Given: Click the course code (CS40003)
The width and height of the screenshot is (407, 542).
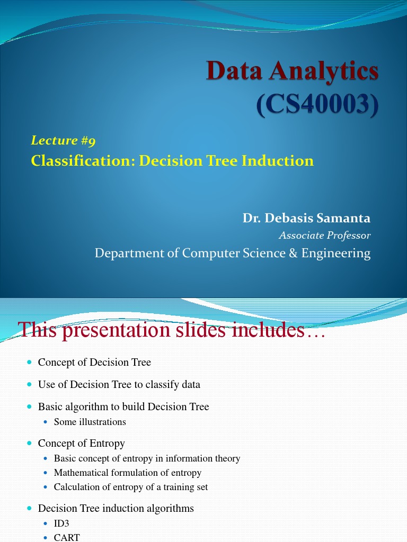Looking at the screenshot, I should tap(318, 105).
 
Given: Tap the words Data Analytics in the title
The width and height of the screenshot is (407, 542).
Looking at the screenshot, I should tap(293, 71).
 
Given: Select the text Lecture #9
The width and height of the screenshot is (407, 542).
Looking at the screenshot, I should tap(63, 140).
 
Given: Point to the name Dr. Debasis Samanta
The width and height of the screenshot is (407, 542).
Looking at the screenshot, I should tap(306, 218).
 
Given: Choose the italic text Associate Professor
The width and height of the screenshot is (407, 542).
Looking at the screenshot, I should tap(324, 236).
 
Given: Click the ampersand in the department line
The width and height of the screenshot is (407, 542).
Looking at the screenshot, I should tap(294, 254).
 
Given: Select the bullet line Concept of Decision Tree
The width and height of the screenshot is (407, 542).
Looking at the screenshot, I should tap(94, 362).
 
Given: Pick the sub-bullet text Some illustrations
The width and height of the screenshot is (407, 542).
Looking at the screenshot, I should tap(90, 422).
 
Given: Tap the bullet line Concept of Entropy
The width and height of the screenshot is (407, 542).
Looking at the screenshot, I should tap(81, 443).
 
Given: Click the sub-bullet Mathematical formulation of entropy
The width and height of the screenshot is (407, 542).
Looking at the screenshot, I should tap(127, 473).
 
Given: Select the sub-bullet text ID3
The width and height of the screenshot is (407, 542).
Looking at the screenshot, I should tap(61, 523).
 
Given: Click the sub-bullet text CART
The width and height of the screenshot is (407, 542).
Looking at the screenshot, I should tap(67, 537).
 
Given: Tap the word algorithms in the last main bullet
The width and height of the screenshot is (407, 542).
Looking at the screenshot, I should tap(170, 509).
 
